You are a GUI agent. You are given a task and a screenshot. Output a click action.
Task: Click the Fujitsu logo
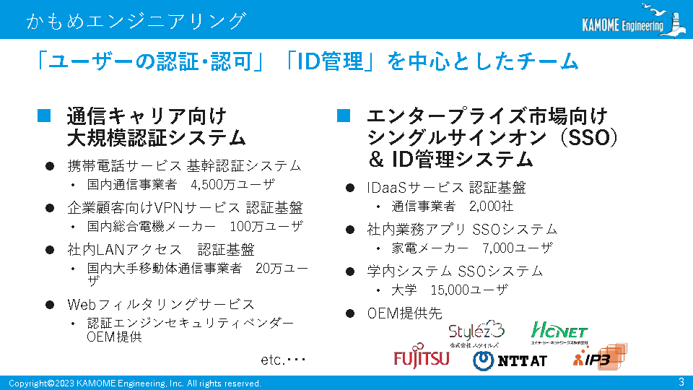[421, 356]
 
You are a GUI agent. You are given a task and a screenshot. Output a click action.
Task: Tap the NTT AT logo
[510, 361]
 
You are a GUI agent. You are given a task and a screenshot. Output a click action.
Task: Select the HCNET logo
[559, 332]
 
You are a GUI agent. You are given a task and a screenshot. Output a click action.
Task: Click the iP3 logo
[600, 356]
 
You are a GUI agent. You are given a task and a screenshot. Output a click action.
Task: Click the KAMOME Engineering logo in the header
[633, 20]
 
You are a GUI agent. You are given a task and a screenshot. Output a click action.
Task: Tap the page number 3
[681, 381]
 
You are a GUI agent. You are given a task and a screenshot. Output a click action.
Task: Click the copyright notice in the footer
[135, 383]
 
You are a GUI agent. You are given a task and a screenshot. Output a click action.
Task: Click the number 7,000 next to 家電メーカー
[498, 248]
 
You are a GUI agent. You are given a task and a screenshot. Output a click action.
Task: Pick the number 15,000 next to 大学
[450, 290]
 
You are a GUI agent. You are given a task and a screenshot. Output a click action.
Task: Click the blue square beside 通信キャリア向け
[44, 116]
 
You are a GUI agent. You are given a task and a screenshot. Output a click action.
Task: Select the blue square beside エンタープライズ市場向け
[344, 116]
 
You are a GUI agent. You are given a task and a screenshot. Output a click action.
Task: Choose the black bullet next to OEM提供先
[350, 313]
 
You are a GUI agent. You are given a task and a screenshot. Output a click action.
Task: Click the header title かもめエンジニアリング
[136, 21]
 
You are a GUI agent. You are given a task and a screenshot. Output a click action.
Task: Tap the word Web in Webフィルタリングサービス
[82, 305]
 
